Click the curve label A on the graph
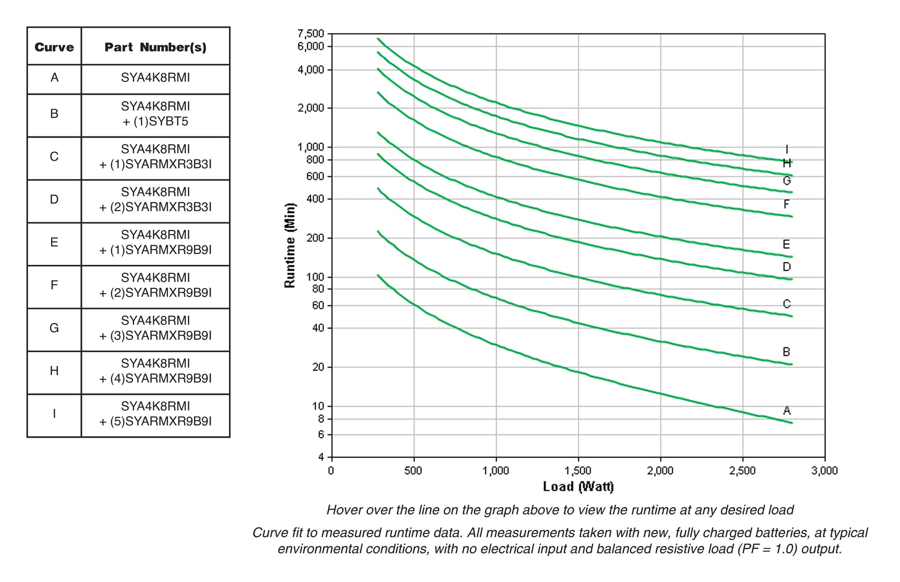pyautogui.click(x=787, y=410)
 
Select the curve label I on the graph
pyautogui.click(x=787, y=149)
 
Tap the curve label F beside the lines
pyautogui.click(x=787, y=204)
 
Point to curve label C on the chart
pyautogui.click(x=787, y=304)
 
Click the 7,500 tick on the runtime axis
pyautogui.click(x=311, y=34)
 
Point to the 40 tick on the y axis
pyautogui.click(x=319, y=328)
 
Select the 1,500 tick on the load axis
pyautogui.click(x=578, y=471)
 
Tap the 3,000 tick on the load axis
pyautogui.click(x=825, y=471)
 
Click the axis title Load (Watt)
pyautogui.click(x=578, y=486)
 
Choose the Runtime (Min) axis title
pyautogui.click(x=290, y=245)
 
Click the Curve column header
pyautogui.click(x=54, y=47)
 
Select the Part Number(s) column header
pyautogui.click(x=155, y=47)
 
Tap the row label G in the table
pyautogui.click(x=54, y=328)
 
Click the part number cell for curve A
pyautogui.click(x=155, y=78)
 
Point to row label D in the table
pyautogui.click(x=54, y=200)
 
